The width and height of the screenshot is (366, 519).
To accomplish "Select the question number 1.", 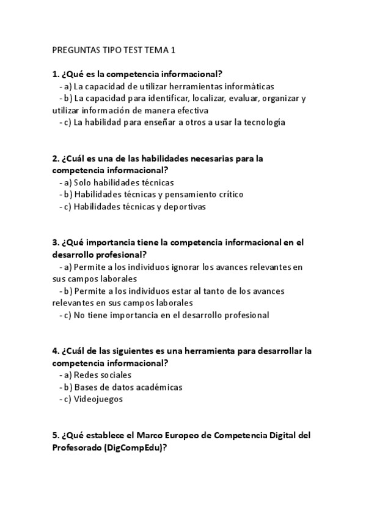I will pos(56,74).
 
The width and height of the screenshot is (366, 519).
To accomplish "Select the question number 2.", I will pos(56,158).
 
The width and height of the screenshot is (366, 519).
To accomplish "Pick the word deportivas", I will pos(184,206).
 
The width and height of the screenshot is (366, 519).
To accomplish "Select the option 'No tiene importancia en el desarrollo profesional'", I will pos(171,315).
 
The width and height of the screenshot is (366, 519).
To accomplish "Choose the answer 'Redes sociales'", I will pos(102,375).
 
